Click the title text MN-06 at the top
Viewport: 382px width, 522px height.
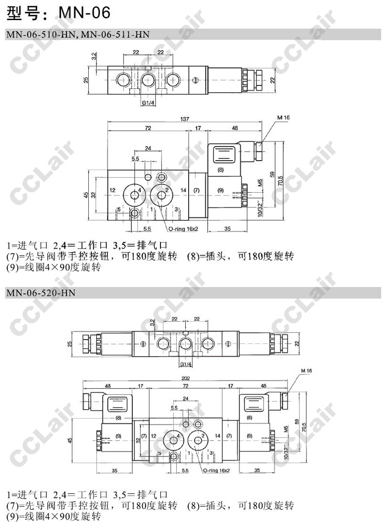[84, 12]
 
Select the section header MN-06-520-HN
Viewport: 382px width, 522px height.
[41, 293]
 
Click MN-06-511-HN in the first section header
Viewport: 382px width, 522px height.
[115, 34]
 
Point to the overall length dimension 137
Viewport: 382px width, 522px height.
[184, 119]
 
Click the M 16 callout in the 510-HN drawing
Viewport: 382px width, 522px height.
[284, 118]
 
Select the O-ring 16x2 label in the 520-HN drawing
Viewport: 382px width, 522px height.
[216, 470]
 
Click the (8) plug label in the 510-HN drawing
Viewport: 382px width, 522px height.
[221, 170]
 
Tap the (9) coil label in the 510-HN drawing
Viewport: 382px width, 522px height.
[221, 190]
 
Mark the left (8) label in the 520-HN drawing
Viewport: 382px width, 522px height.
[118, 418]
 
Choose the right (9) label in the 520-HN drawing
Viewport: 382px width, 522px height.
[249, 436]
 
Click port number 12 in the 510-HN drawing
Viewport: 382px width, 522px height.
[112, 190]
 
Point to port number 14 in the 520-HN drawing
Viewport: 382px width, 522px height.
[217, 436]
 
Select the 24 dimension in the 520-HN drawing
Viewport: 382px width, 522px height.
[186, 399]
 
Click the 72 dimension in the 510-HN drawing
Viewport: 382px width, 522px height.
[148, 128]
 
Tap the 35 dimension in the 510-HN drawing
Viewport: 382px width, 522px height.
[227, 228]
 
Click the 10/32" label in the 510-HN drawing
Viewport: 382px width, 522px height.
[260, 208]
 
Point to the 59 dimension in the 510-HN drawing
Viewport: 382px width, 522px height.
[273, 174]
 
